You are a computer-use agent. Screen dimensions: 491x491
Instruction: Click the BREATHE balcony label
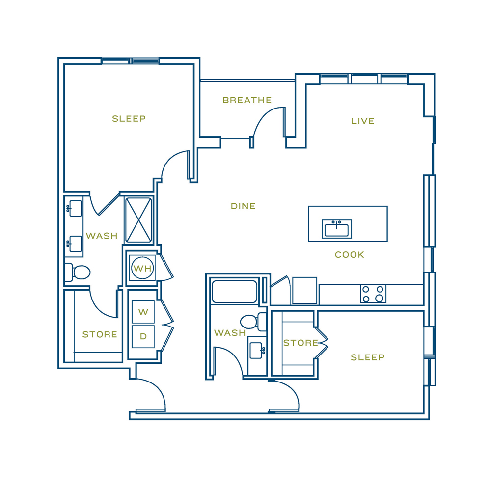(x=247, y=100)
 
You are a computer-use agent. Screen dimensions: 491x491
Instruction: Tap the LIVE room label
(x=363, y=121)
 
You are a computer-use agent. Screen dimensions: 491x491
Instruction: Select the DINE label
(x=243, y=206)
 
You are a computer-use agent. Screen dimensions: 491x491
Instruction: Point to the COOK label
(x=350, y=254)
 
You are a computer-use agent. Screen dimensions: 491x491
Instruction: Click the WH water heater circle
(x=143, y=268)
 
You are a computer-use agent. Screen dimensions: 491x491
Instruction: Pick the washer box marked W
(x=143, y=312)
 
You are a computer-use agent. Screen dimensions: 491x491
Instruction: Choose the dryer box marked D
(x=143, y=337)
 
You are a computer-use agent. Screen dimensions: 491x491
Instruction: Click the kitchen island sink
(x=337, y=229)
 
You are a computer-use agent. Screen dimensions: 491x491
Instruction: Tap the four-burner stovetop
(x=373, y=294)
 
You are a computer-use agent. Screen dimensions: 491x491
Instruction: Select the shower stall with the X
(x=139, y=220)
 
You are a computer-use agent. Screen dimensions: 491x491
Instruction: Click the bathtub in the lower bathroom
(x=235, y=292)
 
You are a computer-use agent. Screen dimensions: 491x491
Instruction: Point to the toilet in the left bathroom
(x=78, y=273)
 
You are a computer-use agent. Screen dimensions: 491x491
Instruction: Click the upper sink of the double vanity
(x=74, y=208)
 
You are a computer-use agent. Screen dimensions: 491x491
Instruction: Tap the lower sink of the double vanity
(x=74, y=244)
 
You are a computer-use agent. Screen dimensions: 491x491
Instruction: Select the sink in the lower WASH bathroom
(x=257, y=351)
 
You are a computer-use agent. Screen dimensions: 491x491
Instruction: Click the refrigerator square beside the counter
(x=304, y=291)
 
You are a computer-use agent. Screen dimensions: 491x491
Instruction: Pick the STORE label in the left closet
(x=100, y=335)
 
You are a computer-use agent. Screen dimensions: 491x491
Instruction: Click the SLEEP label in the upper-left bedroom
(x=129, y=119)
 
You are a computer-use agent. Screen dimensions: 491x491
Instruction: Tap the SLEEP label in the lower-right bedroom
(x=367, y=357)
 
